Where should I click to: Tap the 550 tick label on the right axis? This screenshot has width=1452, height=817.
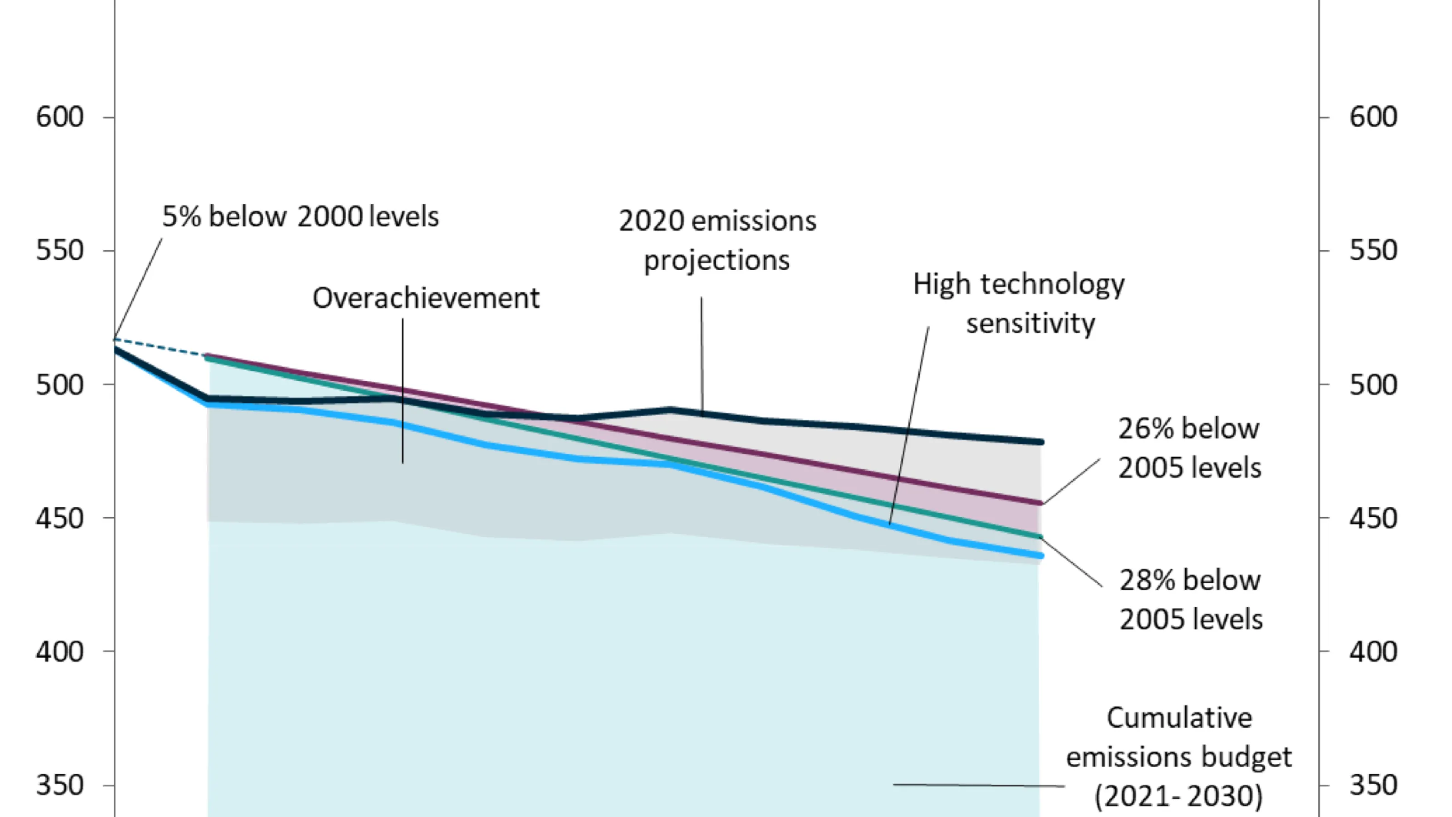[x=1373, y=251]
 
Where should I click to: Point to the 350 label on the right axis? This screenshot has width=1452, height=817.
[x=1373, y=785]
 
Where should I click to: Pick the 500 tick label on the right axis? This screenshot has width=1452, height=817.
[x=1373, y=385]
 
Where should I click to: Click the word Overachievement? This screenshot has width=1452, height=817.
[x=426, y=298]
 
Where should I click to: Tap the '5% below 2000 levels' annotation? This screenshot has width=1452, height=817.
[x=300, y=217]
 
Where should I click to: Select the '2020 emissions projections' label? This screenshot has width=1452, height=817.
[x=717, y=240]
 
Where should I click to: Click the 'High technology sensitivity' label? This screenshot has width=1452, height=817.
[x=1019, y=303]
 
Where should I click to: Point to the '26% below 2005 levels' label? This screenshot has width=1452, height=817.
[x=1189, y=448]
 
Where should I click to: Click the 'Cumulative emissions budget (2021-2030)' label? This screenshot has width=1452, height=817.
[x=1179, y=757]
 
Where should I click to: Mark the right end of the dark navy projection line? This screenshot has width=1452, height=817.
[x=1040, y=442]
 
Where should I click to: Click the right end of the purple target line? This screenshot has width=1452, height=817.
[x=1040, y=503]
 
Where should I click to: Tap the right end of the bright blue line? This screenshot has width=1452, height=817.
[x=1040, y=556]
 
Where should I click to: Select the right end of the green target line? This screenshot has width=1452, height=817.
[x=1040, y=537]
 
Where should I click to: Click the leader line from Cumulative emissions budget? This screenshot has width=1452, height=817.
[x=978, y=785]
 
